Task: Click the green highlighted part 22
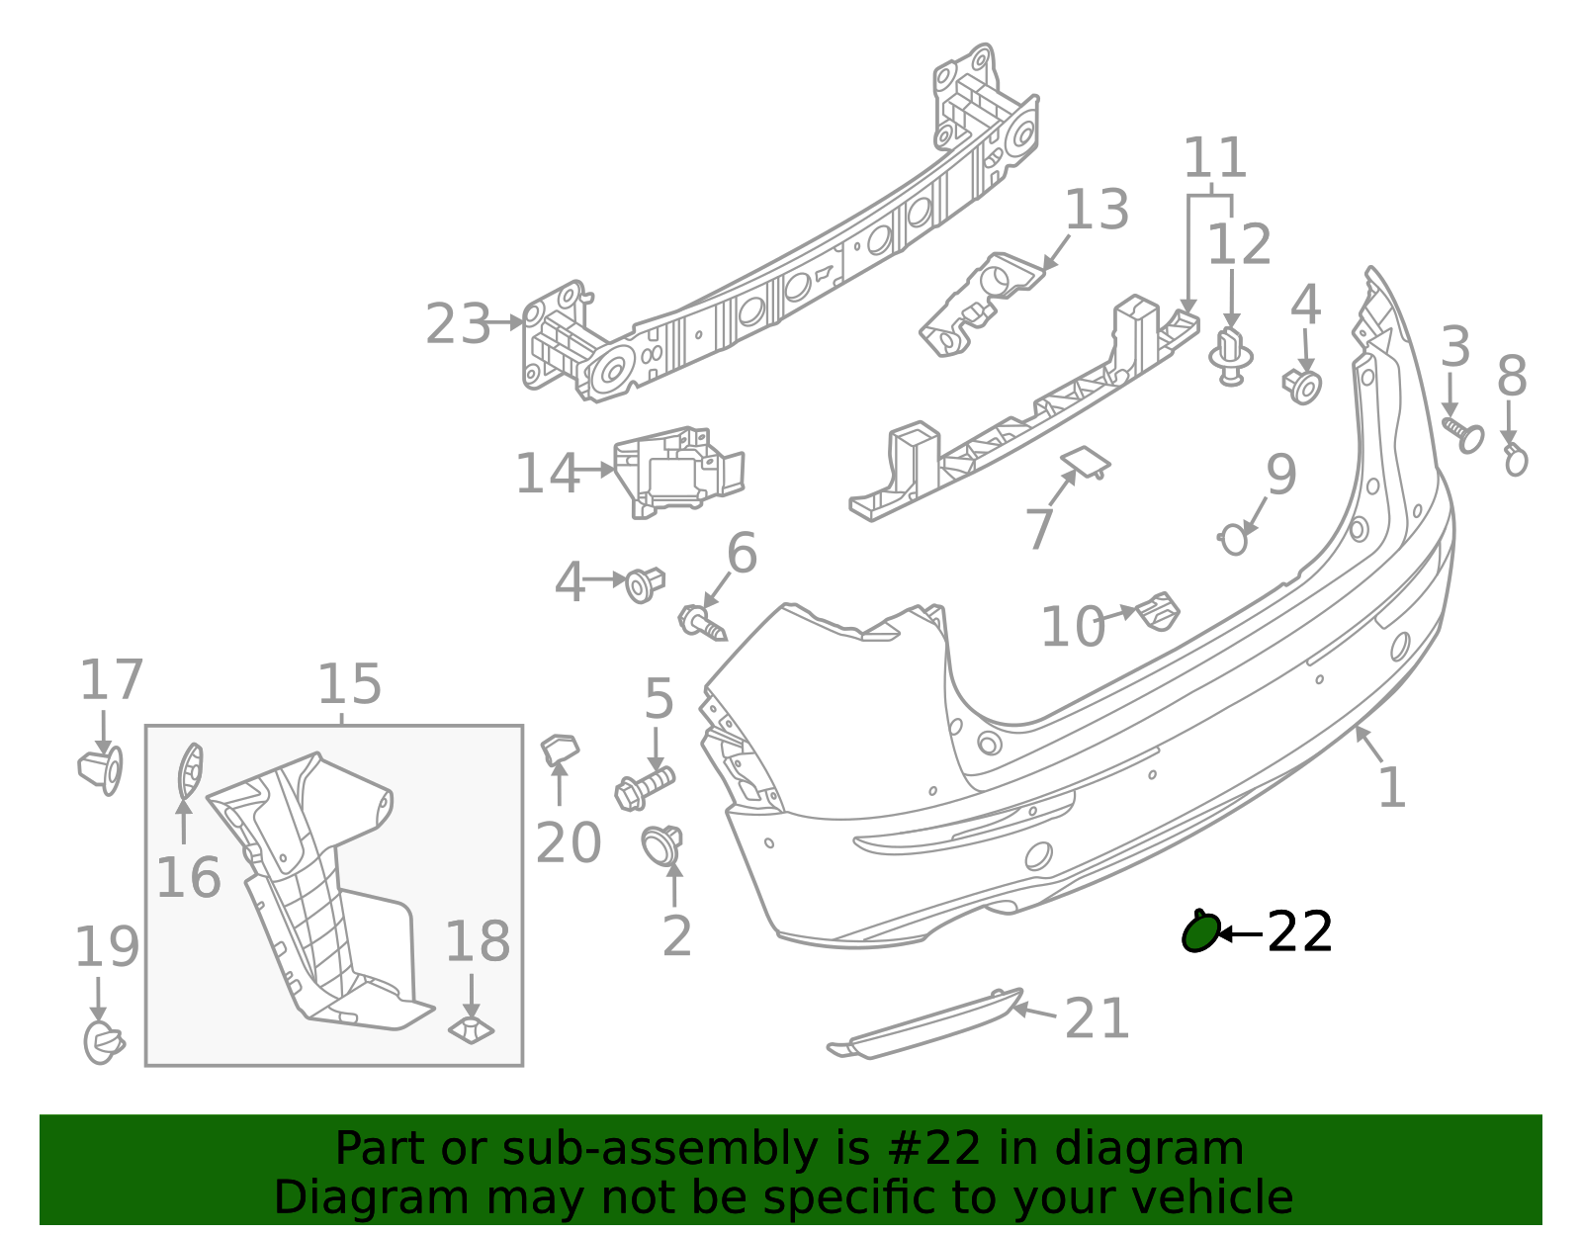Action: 1199,931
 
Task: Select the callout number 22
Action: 1299,932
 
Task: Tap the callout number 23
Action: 458,324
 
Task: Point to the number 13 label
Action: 1097,211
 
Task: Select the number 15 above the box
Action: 349,683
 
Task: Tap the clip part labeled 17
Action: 101,768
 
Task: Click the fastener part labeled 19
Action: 102,1042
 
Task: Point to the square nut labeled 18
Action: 473,1029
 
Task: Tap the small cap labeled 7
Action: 1085,461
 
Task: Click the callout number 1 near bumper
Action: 1391,788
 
